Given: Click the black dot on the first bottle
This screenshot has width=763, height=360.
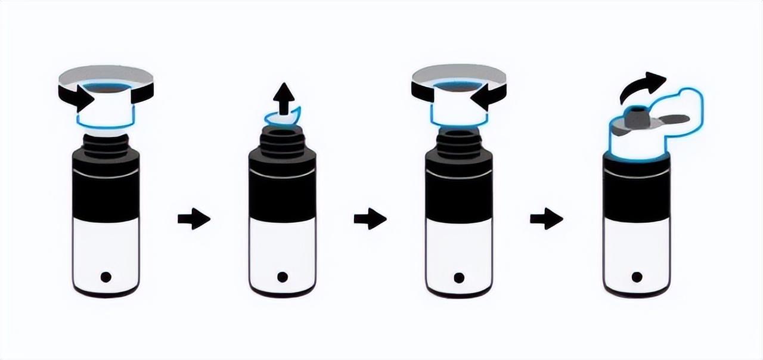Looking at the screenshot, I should [106, 277].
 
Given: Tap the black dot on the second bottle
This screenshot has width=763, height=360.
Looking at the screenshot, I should [283, 277].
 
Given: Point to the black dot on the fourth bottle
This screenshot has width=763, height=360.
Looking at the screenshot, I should [637, 277].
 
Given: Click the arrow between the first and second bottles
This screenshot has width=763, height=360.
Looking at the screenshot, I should [194, 219].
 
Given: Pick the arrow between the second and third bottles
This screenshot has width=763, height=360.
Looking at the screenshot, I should [370, 219].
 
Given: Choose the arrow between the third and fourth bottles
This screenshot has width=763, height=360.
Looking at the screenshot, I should [547, 219].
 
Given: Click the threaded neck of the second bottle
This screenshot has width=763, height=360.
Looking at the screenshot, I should [283, 143].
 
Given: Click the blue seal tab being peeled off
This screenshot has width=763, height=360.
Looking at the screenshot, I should [283, 116].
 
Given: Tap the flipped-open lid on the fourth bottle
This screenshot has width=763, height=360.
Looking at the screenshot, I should [680, 116].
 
